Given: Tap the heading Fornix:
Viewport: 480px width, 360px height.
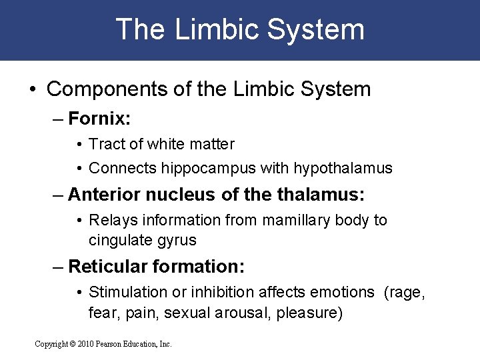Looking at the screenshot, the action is (99, 119).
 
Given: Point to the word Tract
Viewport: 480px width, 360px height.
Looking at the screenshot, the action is (104, 144).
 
